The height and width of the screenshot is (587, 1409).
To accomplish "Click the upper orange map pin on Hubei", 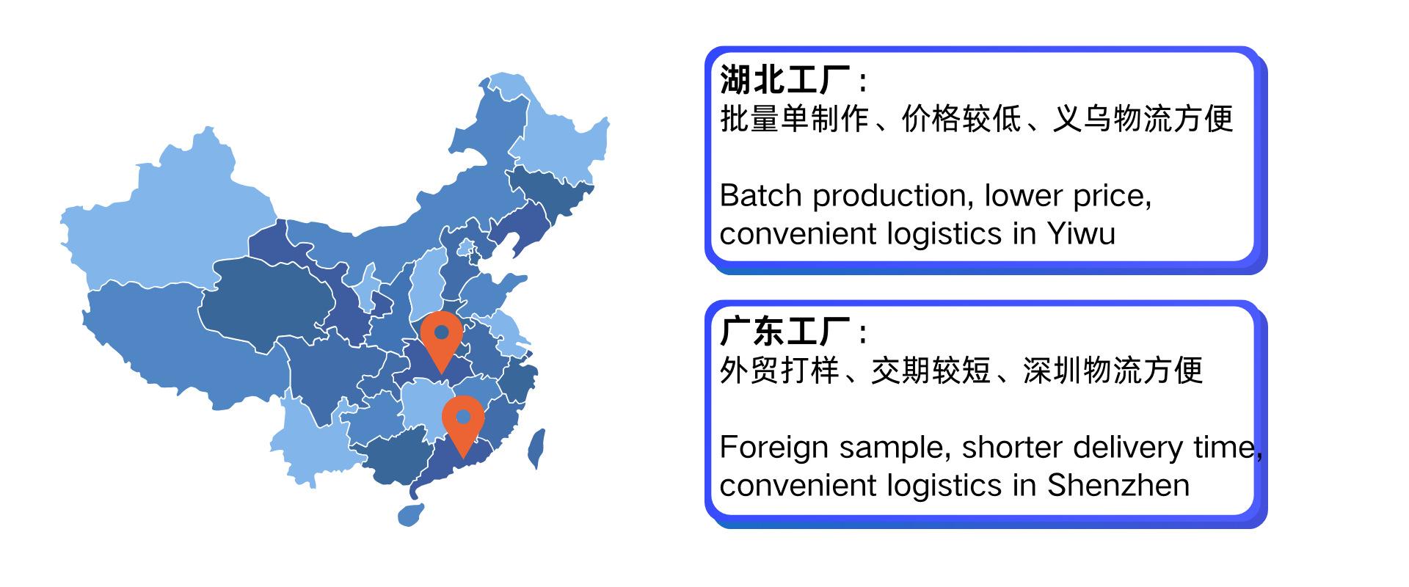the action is click(441, 339).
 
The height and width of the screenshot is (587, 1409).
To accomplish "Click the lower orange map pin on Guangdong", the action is click(463, 424).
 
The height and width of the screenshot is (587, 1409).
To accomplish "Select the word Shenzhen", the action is click(1118, 485).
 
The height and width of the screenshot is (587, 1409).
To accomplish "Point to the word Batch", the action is click(761, 196).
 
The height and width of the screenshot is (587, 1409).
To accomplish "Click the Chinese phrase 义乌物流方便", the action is click(1143, 118).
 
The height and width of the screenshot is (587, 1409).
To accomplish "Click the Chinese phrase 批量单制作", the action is click(795, 118).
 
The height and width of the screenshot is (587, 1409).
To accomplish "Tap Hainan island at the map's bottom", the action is click(411, 513).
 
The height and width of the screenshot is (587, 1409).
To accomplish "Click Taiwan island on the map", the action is click(536, 448).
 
